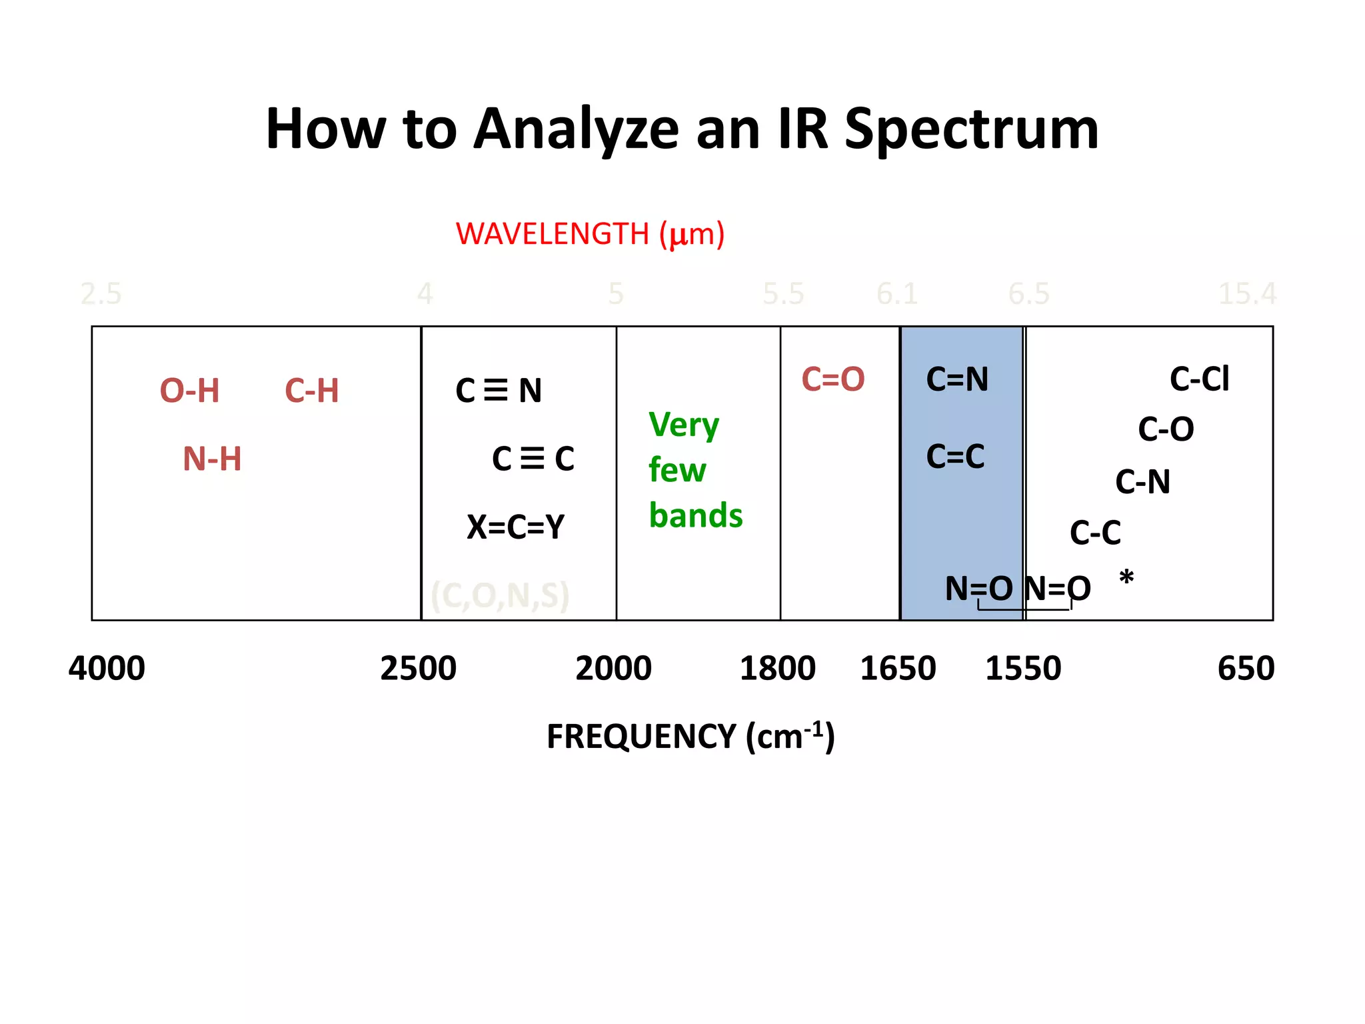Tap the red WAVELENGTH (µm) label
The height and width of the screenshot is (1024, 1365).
[x=590, y=235]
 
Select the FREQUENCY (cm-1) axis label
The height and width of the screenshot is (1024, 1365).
[x=690, y=737]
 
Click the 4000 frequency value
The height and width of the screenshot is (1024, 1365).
[x=107, y=668]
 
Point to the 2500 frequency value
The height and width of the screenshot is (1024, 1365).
[x=419, y=668]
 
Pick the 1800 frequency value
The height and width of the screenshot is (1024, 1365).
[x=777, y=668]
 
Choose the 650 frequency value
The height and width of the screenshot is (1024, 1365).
[x=1246, y=668]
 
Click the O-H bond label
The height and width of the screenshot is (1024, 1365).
[x=190, y=391]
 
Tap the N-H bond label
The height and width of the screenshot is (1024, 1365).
[x=212, y=459]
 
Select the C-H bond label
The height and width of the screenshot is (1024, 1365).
[x=312, y=391]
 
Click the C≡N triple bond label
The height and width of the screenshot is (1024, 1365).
[x=499, y=391]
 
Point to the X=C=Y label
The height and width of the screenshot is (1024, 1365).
[x=515, y=527]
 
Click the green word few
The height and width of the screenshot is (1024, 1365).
[x=677, y=470]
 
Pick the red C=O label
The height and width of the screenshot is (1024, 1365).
[x=833, y=379]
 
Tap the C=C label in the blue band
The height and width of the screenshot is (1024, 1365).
[x=955, y=457]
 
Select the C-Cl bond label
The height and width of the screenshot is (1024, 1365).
[x=1200, y=379]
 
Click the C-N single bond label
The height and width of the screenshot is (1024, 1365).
[x=1142, y=482]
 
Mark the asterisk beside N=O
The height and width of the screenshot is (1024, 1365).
[x=1126, y=577]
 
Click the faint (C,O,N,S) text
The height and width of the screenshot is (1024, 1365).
[x=500, y=595]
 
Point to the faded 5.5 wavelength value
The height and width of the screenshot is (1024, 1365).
[x=783, y=294]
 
